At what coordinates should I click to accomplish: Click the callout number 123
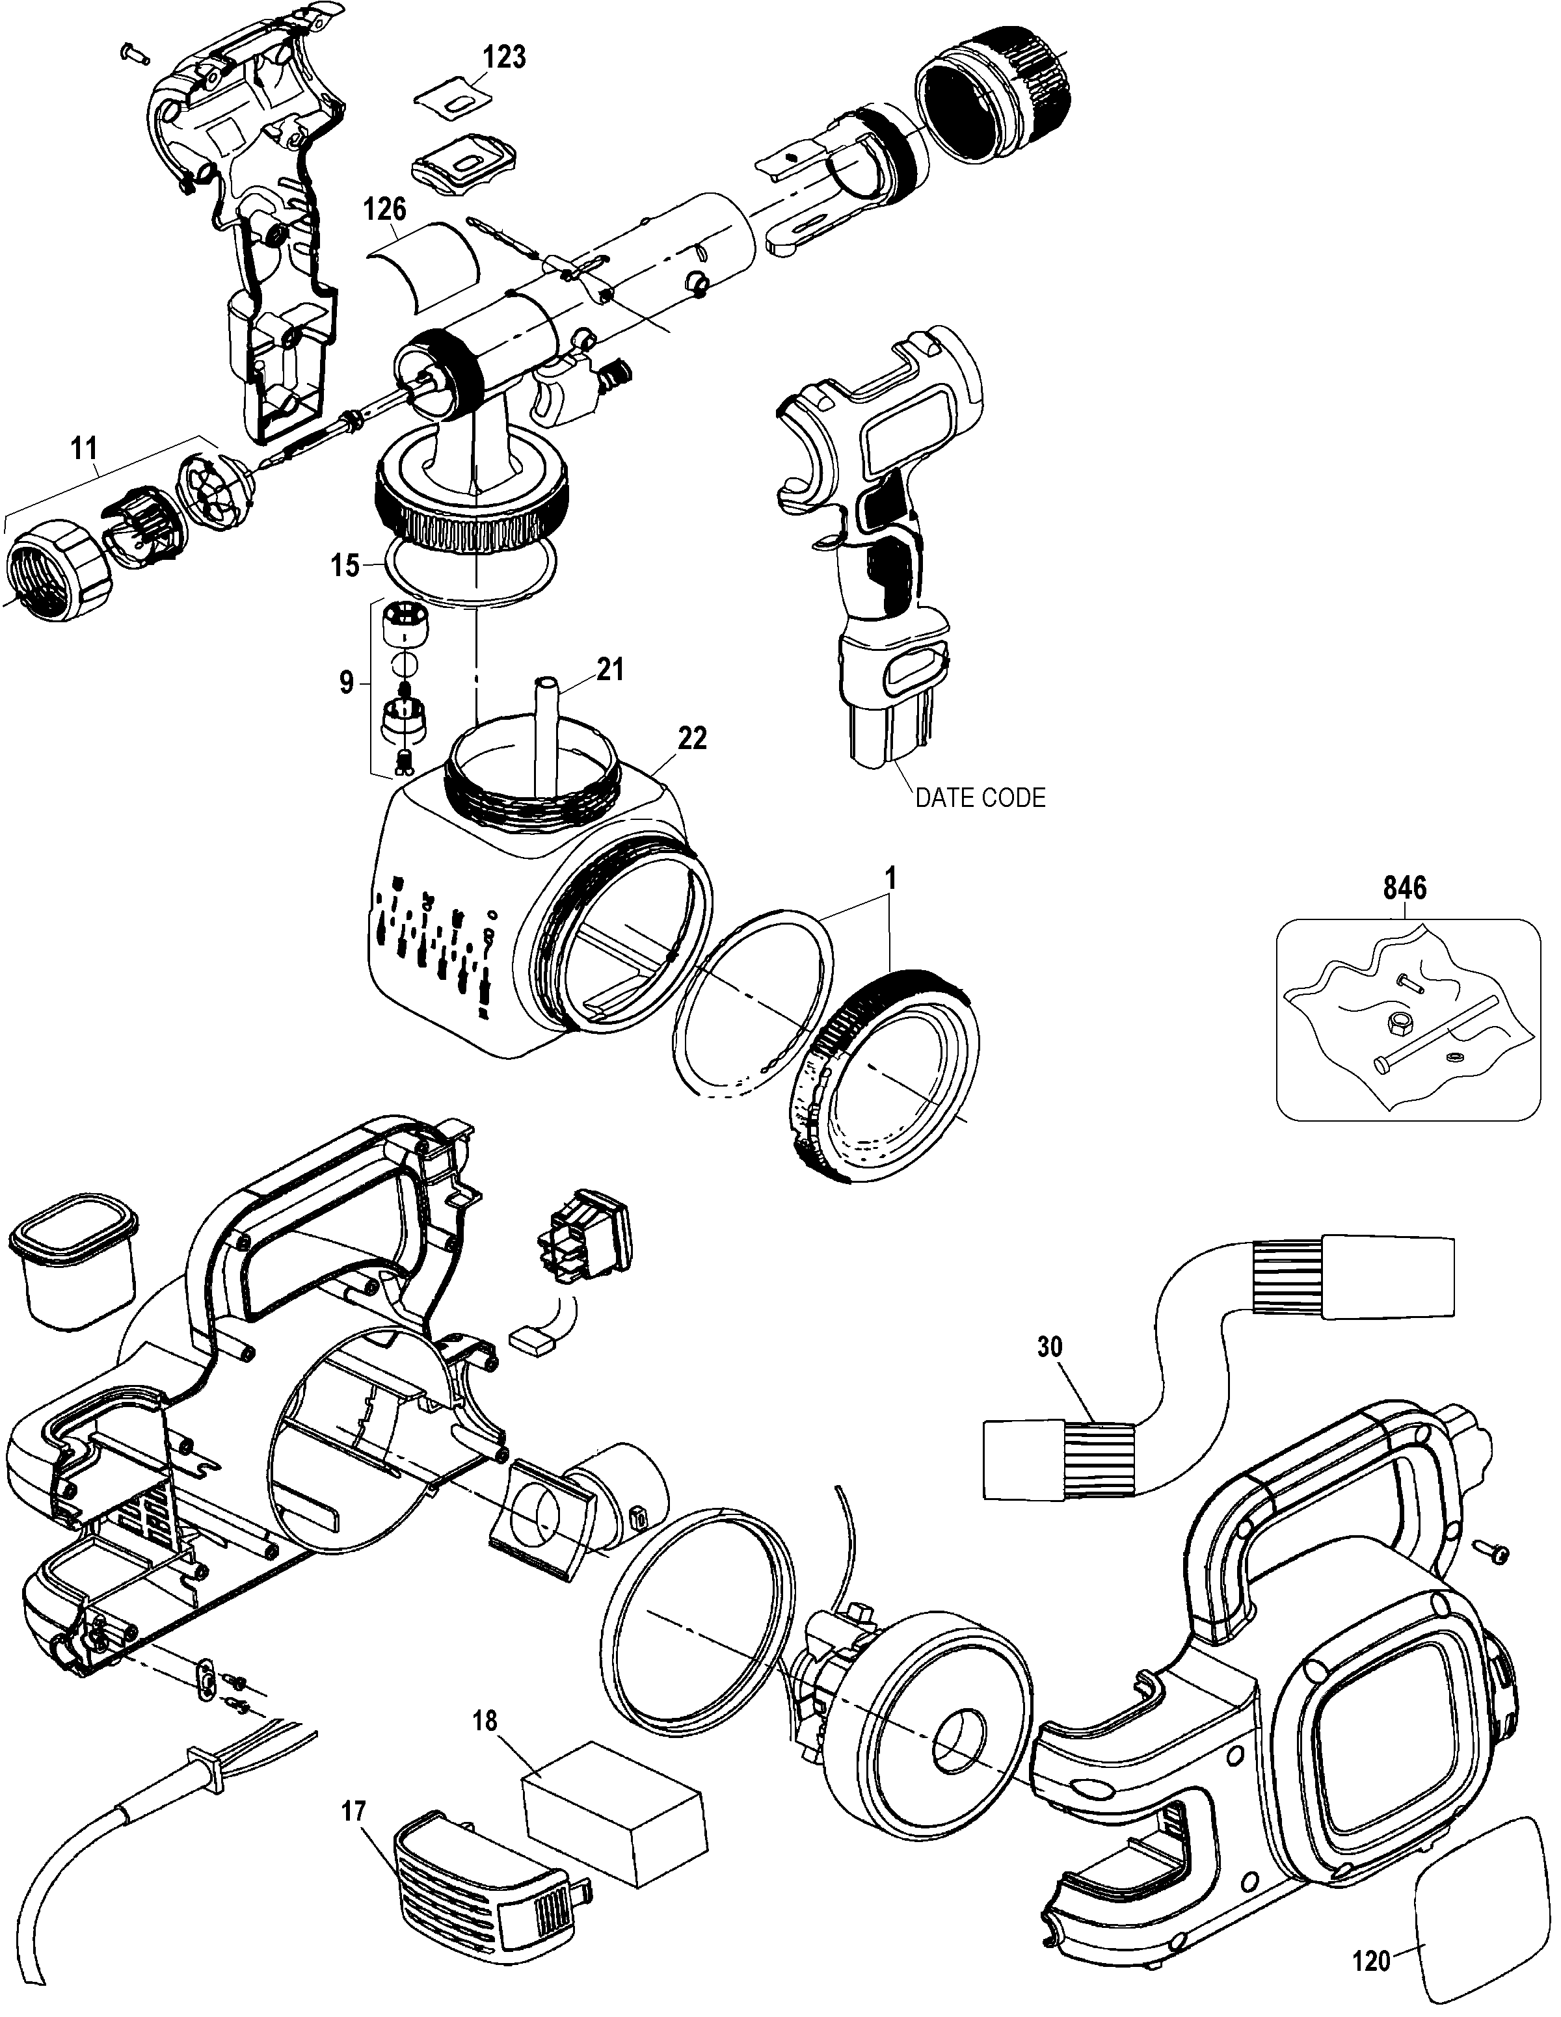coord(504,57)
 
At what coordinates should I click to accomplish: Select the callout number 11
coord(84,450)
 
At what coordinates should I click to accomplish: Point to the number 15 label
coord(345,565)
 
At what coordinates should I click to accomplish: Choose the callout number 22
coord(692,738)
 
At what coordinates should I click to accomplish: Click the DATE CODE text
coord(980,798)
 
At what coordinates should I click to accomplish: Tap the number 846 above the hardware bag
coord(1405,888)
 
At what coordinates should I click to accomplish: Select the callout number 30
coord(1049,1347)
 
